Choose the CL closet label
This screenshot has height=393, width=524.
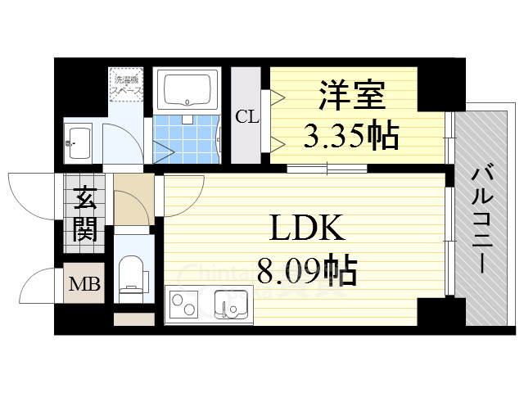point(246,115)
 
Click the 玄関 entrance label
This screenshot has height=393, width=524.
point(84,215)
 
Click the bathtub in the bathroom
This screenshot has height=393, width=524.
point(189,90)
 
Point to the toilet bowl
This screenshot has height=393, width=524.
point(130,273)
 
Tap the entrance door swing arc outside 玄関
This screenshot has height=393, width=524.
point(33,195)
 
